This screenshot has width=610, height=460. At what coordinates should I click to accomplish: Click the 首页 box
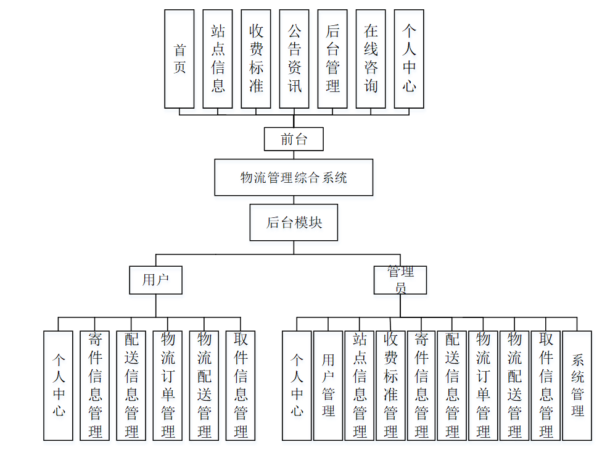[x=179, y=59]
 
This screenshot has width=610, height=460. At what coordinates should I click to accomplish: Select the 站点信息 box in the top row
[x=218, y=59]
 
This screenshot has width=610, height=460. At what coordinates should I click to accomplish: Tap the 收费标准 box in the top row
[x=256, y=59]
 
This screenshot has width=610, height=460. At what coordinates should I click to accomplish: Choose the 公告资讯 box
[x=294, y=59]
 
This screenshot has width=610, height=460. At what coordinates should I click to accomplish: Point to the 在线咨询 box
[x=371, y=59]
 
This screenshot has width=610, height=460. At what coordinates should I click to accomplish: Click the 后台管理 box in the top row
[x=332, y=59]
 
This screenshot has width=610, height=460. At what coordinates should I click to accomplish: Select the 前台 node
[x=294, y=139]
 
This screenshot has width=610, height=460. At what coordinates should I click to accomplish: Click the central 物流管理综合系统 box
[x=294, y=178]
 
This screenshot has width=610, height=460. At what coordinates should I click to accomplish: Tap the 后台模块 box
[x=294, y=222]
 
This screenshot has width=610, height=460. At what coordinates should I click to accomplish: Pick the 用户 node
[x=155, y=280]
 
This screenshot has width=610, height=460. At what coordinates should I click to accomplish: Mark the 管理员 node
[x=400, y=280]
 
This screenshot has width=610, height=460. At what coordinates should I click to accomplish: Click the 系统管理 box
[x=577, y=385]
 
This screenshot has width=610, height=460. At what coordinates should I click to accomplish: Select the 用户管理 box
[x=328, y=385]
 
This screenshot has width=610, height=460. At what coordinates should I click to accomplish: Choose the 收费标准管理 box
[x=390, y=385]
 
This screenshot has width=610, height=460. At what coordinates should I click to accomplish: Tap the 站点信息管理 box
[x=360, y=385]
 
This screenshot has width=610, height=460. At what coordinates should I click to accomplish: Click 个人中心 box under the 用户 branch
[x=59, y=385]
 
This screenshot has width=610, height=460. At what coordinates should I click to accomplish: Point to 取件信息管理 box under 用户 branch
[x=241, y=385]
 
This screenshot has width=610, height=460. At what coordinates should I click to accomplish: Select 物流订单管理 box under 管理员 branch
[x=484, y=385]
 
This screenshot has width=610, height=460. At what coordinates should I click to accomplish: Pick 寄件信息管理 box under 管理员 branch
[x=422, y=385]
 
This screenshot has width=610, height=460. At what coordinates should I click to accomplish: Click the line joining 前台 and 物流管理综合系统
[x=294, y=155]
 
